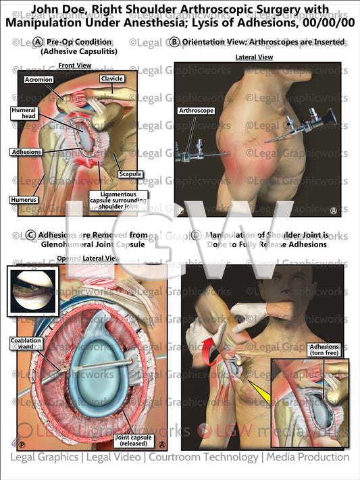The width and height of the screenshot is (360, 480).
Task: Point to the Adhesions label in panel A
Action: [26, 152]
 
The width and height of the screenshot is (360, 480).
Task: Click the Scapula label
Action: [129, 174]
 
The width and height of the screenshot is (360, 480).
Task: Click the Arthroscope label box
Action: [195, 110]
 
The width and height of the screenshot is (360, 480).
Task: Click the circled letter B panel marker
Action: [174, 42]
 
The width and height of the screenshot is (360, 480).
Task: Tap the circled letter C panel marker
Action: [32, 236]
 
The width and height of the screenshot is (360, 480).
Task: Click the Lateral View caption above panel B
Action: [254, 57]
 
